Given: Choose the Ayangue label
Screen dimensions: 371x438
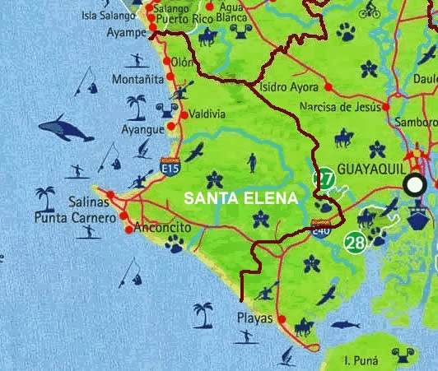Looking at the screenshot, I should pyautogui.click(x=142, y=129).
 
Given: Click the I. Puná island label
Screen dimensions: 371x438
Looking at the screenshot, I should pyautogui.click(x=360, y=360).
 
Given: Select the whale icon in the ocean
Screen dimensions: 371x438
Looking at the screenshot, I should pyautogui.click(x=66, y=128).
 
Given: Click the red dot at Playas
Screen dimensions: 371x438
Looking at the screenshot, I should pyautogui.click(x=282, y=319).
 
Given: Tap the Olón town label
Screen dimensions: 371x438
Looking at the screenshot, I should pyautogui.click(x=182, y=62).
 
